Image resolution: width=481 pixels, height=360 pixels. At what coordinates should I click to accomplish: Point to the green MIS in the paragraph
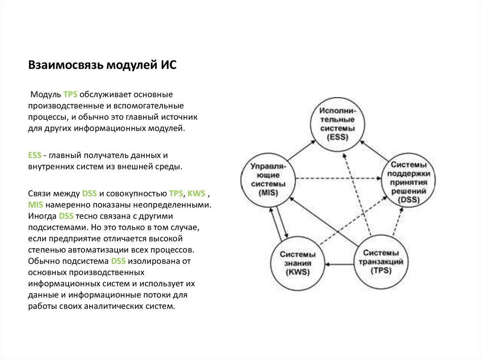coord(35,205)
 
